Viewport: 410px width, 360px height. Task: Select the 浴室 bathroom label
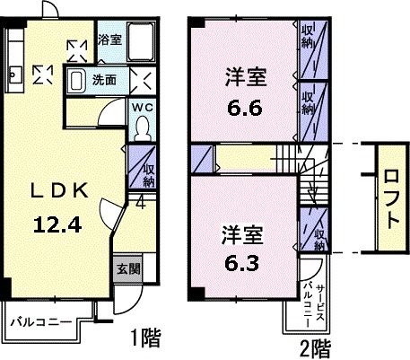109,39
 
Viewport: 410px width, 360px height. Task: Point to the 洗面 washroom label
105,79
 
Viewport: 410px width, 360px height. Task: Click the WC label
143,109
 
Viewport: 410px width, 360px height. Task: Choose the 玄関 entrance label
127,268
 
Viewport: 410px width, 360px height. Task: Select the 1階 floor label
145,339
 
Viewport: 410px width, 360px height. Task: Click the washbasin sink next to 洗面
76,79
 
